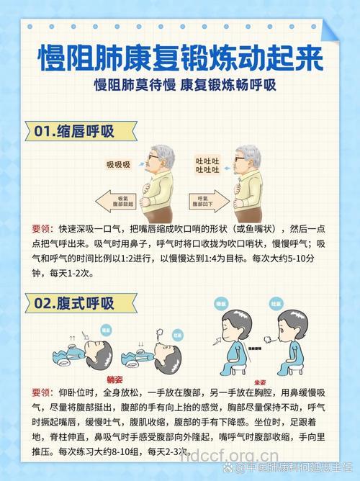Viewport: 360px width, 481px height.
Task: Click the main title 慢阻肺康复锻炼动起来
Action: coord(180,56)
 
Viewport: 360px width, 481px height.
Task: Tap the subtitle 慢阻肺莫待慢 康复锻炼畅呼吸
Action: coord(180,84)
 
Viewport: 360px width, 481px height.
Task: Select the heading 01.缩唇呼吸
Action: coord(74,132)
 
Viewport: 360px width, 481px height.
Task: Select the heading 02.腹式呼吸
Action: coord(74,303)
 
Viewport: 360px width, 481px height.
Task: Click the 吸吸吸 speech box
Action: coord(119,165)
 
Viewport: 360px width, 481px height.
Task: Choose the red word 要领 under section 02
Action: coord(41,392)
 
